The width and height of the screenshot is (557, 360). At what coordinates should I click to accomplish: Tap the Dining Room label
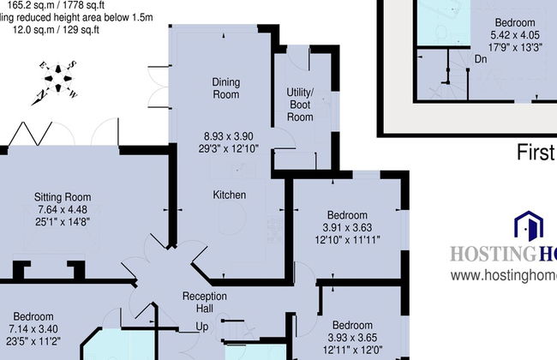[x=225, y=88]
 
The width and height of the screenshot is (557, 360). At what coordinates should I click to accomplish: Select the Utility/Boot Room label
[x=300, y=104]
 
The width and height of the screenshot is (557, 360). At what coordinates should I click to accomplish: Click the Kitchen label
[x=230, y=195]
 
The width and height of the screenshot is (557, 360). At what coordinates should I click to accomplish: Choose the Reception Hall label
[x=205, y=303]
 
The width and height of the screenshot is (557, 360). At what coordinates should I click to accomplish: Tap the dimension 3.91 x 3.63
[x=345, y=227]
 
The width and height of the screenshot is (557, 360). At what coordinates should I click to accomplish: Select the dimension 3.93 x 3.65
[x=352, y=338]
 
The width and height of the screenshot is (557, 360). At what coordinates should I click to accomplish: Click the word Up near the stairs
[x=202, y=327]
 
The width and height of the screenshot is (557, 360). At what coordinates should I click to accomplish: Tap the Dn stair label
[x=482, y=60]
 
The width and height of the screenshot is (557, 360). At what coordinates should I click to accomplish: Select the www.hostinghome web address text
[x=503, y=276]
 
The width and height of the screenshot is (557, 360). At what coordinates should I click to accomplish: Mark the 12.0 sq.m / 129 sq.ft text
[x=55, y=29]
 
